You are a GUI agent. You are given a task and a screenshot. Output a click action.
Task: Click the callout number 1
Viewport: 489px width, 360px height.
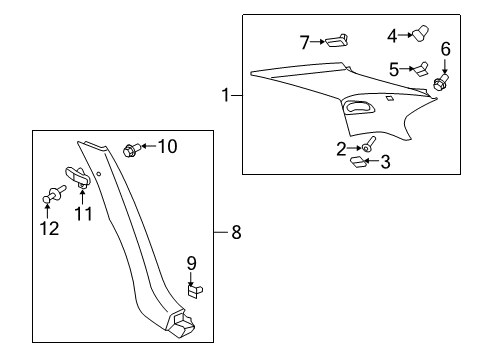(226, 96)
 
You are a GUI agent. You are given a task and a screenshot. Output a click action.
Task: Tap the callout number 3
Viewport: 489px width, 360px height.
(383, 162)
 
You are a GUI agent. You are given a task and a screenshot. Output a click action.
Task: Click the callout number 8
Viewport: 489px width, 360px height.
(236, 234)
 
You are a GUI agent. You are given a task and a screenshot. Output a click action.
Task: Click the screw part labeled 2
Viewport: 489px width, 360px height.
(368, 145)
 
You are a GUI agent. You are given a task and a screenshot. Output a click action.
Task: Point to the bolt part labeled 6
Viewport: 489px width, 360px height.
(439, 86)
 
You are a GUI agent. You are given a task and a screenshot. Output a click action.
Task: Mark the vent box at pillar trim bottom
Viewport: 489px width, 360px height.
(183, 321)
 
